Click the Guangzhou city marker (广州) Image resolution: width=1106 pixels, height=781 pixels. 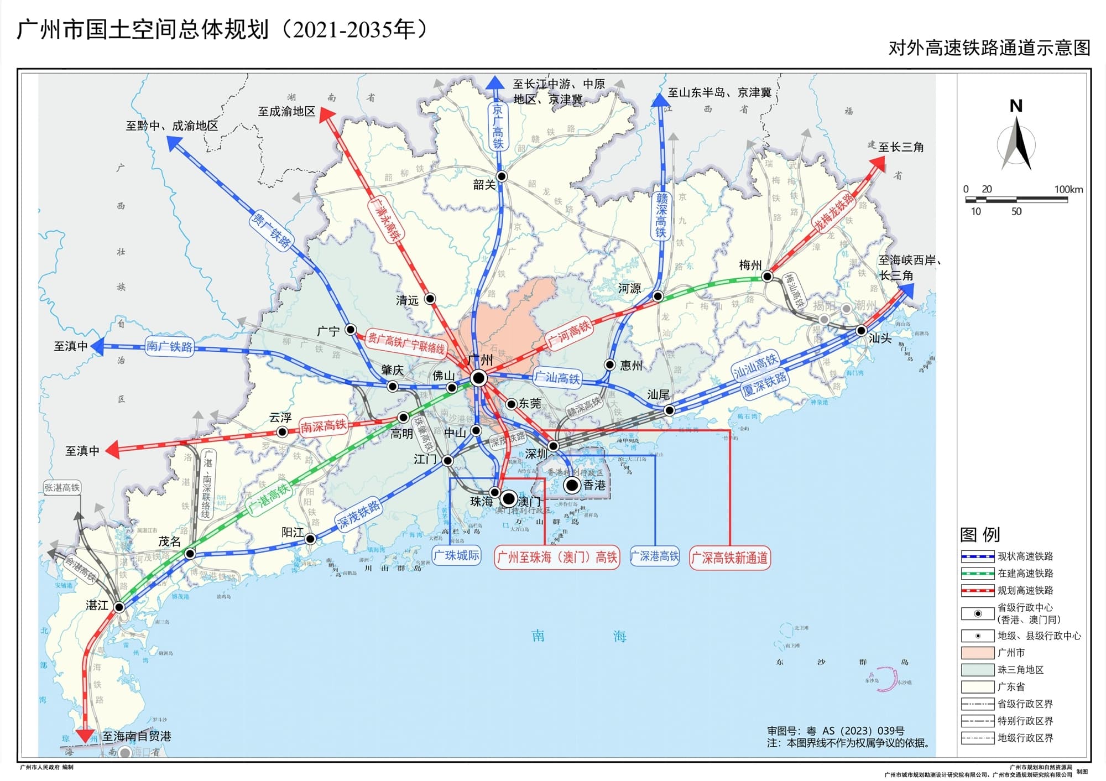click(478, 378)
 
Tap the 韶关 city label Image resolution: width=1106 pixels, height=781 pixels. click(484, 185)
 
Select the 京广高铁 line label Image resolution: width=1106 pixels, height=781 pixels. click(498, 127)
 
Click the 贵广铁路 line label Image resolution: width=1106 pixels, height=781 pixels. click(271, 229)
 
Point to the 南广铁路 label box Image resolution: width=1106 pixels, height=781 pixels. click(169, 346)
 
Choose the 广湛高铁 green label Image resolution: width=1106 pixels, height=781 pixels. click(269, 497)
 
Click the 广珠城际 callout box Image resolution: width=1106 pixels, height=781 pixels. click(456, 555)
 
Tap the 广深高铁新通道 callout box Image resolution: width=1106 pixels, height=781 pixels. click(729, 558)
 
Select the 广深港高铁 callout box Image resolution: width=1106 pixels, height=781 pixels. click(655, 556)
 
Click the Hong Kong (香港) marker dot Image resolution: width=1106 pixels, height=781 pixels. click(572, 486)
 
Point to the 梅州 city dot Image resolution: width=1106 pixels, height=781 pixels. click(767, 276)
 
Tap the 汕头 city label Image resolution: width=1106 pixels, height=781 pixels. click(880, 338)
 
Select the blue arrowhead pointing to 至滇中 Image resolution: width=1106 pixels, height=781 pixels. click(97, 346)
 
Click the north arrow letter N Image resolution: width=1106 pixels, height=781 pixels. click(1016, 106)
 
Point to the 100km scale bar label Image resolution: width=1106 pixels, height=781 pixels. click(1068, 189)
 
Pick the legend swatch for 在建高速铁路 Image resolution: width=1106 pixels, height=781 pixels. click(978, 573)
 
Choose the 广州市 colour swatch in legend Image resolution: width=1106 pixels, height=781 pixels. click(978, 653)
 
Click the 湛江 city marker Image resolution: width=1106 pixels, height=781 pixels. click(119, 607)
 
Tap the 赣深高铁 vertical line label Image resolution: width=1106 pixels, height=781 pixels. click(661, 215)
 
